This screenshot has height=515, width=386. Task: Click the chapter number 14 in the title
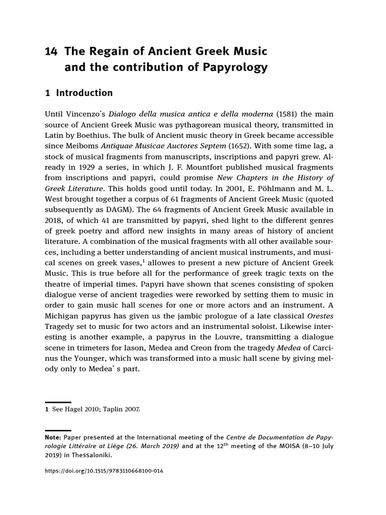click(x=51, y=51)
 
